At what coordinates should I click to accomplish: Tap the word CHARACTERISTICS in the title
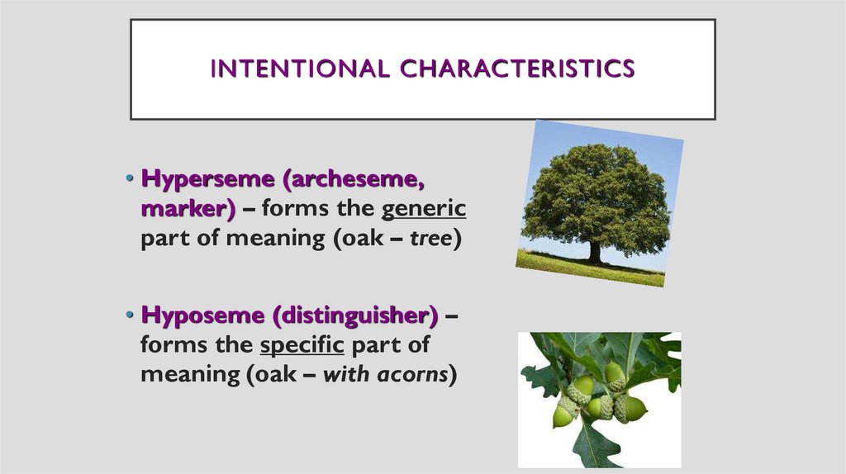click(x=517, y=69)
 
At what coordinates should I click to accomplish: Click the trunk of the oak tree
click(x=595, y=250)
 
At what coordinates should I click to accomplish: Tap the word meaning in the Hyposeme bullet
click(x=188, y=374)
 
